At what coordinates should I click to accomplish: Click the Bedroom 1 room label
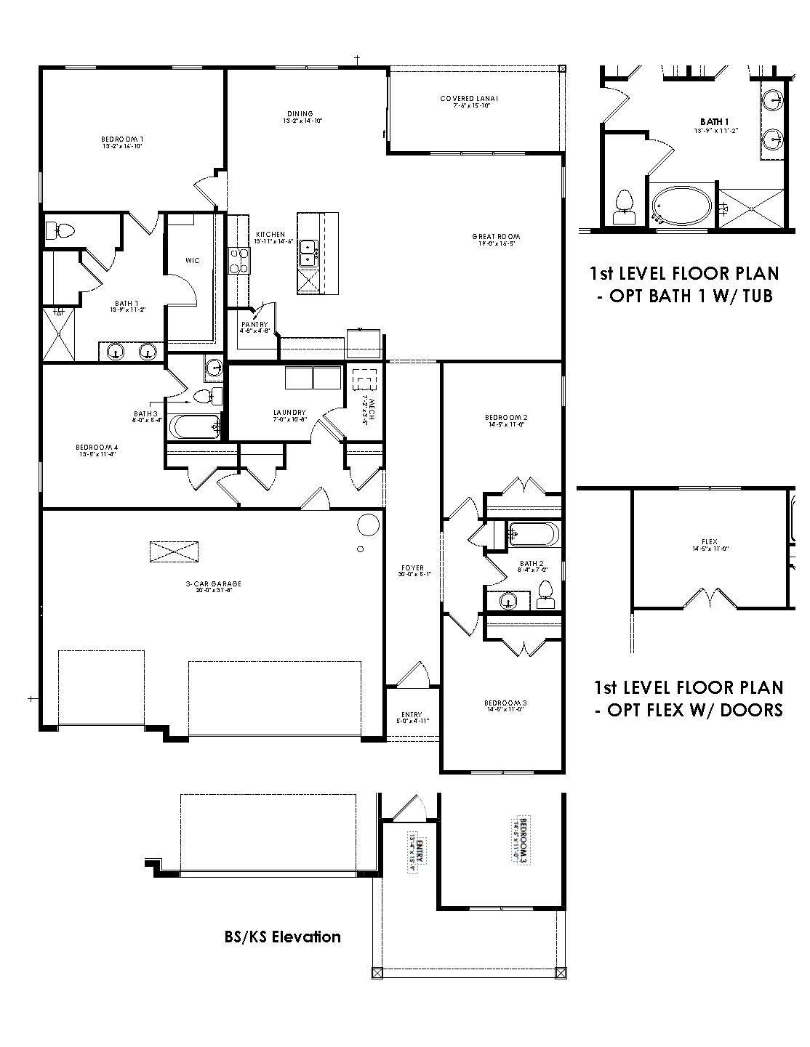pyautogui.click(x=121, y=139)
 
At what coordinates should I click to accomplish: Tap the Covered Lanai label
pyautogui.click(x=469, y=99)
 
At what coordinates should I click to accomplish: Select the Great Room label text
pyautogui.click(x=496, y=237)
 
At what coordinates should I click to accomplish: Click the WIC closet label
pyautogui.click(x=192, y=260)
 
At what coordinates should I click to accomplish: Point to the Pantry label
pyautogui.click(x=255, y=325)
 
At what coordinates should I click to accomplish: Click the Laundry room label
pyautogui.click(x=289, y=413)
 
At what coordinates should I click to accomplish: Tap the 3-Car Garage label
pyautogui.click(x=213, y=583)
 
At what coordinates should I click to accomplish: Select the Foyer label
pyautogui.click(x=412, y=568)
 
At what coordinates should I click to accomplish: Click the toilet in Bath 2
pyautogui.click(x=545, y=597)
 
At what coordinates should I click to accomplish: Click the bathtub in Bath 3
pyautogui.click(x=194, y=427)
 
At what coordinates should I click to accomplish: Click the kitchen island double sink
pyautogui.click(x=308, y=251)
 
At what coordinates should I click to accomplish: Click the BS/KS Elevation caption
pyautogui.click(x=282, y=937)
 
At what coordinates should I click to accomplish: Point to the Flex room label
pyautogui.click(x=709, y=542)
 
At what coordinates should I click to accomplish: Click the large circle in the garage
pyautogui.click(x=368, y=525)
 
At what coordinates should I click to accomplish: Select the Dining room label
pyautogui.click(x=300, y=114)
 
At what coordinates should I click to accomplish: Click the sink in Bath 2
pyautogui.click(x=508, y=599)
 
